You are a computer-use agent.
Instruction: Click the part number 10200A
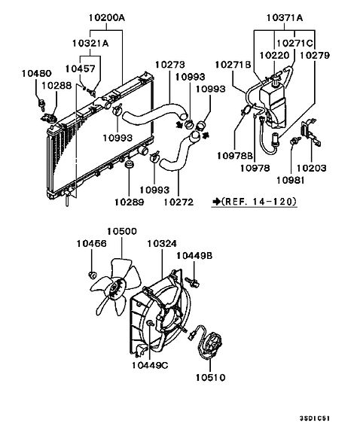(106, 18)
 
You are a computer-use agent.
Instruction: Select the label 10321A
(90, 43)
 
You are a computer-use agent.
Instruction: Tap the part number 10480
(36, 73)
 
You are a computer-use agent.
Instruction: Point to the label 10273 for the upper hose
(170, 65)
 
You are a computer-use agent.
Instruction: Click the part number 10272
(178, 202)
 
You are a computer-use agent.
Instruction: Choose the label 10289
(129, 202)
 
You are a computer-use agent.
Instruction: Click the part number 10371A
(285, 18)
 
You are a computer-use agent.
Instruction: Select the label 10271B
(233, 65)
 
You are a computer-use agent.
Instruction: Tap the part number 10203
(312, 168)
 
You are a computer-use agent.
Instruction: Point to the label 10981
(291, 181)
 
